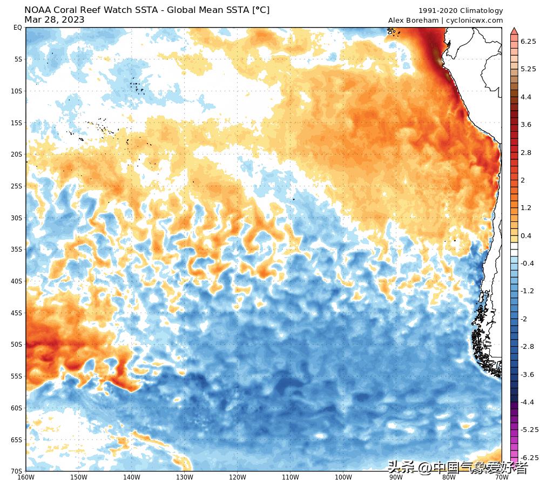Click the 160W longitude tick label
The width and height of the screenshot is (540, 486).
click(26, 477)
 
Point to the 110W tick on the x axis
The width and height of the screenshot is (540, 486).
click(291, 477)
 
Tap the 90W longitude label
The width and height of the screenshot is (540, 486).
click(396, 477)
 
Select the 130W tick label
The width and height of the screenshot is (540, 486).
click(185, 477)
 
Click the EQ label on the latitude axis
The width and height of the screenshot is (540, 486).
click(17, 28)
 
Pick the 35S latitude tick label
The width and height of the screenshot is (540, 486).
click(16, 249)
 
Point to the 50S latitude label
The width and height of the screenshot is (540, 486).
click(16, 345)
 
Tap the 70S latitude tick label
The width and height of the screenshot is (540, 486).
click(16, 471)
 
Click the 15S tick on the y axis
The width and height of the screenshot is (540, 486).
click(16, 123)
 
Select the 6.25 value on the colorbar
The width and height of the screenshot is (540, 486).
click(528, 41)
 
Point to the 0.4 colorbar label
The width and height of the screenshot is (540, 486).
click(525, 236)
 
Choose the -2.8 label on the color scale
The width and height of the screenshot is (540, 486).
click(527, 346)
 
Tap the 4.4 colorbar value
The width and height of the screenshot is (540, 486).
click(525, 97)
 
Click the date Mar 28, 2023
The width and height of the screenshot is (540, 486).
click(54, 20)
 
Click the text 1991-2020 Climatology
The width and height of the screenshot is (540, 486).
click(461, 11)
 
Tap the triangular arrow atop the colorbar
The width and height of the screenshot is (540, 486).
click(514, 30)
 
